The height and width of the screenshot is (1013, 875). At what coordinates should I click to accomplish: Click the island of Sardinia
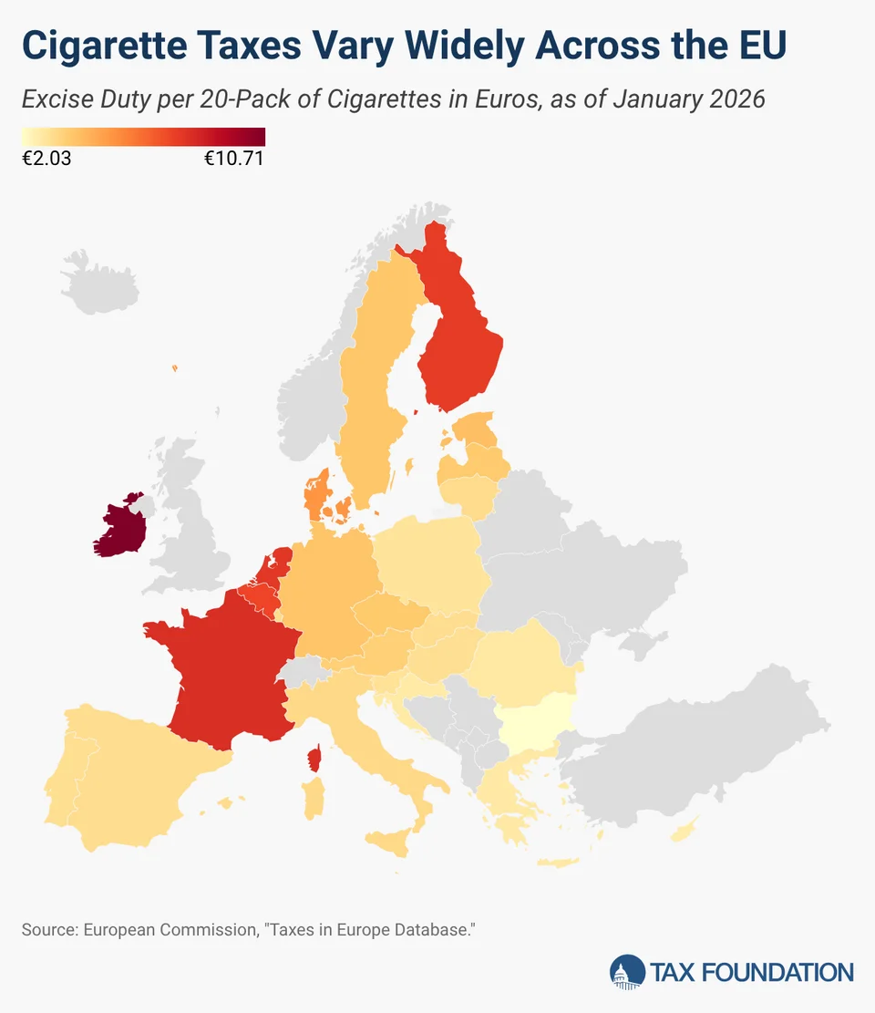click(x=312, y=798)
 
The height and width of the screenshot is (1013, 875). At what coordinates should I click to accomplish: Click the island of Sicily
click(x=392, y=842)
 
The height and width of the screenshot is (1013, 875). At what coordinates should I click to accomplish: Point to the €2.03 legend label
click(x=46, y=159)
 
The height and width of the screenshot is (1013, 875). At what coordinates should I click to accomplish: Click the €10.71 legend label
click(x=233, y=159)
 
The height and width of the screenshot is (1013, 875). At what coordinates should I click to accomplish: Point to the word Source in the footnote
click(x=48, y=930)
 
